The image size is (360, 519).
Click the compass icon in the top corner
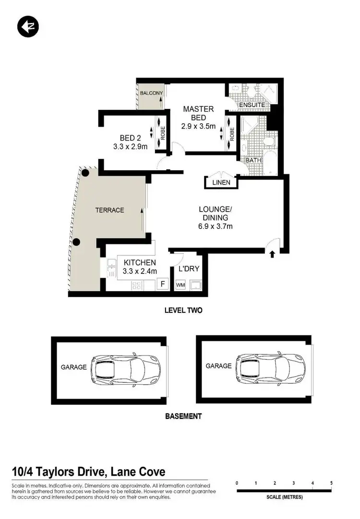pos(27,27)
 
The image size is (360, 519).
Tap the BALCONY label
pos(151,93)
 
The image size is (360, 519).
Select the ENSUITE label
pos(252,105)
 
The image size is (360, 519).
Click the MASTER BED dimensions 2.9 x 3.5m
pos(198,127)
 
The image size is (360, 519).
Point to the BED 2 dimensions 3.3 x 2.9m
pos(131,146)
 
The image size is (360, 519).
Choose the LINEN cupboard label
pos(221,182)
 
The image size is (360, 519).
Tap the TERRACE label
pos(109,210)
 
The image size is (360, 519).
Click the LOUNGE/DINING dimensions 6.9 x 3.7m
pos(216,226)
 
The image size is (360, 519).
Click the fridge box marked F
pos(163,284)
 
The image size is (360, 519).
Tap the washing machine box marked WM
pos(180,285)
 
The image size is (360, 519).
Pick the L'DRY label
pos(189,269)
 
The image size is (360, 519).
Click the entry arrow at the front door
pos(272,254)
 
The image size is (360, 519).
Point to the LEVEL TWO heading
pos(183,310)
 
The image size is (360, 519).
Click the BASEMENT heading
pos(183,416)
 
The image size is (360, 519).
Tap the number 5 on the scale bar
pos(331,483)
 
